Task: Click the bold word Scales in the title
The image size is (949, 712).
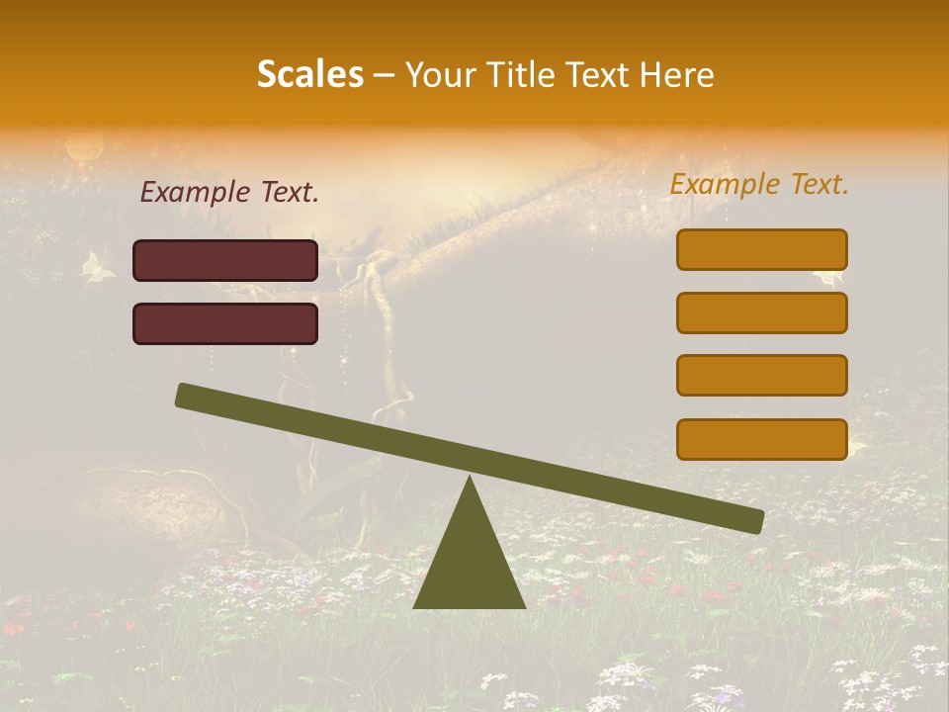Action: (x=309, y=75)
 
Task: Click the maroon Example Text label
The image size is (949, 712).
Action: (x=229, y=193)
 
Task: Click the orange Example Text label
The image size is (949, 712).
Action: (x=759, y=184)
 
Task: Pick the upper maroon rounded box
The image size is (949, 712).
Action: (x=225, y=260)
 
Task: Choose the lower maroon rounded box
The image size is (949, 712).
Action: (x=225, y=323)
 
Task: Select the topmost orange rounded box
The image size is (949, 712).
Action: (x=761, y=249)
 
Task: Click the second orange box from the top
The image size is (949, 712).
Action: (x=761, y=312)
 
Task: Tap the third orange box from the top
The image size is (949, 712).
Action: (x=761, y=376)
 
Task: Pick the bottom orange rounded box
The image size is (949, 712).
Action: (x=761, y=439)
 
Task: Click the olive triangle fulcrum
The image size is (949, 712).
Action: (x=470, y=564)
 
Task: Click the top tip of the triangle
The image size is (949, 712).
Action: (x=470, y=479)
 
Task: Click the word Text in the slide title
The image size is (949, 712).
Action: (x=593, y=75)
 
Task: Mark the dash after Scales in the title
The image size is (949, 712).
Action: (x=384, y=75)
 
